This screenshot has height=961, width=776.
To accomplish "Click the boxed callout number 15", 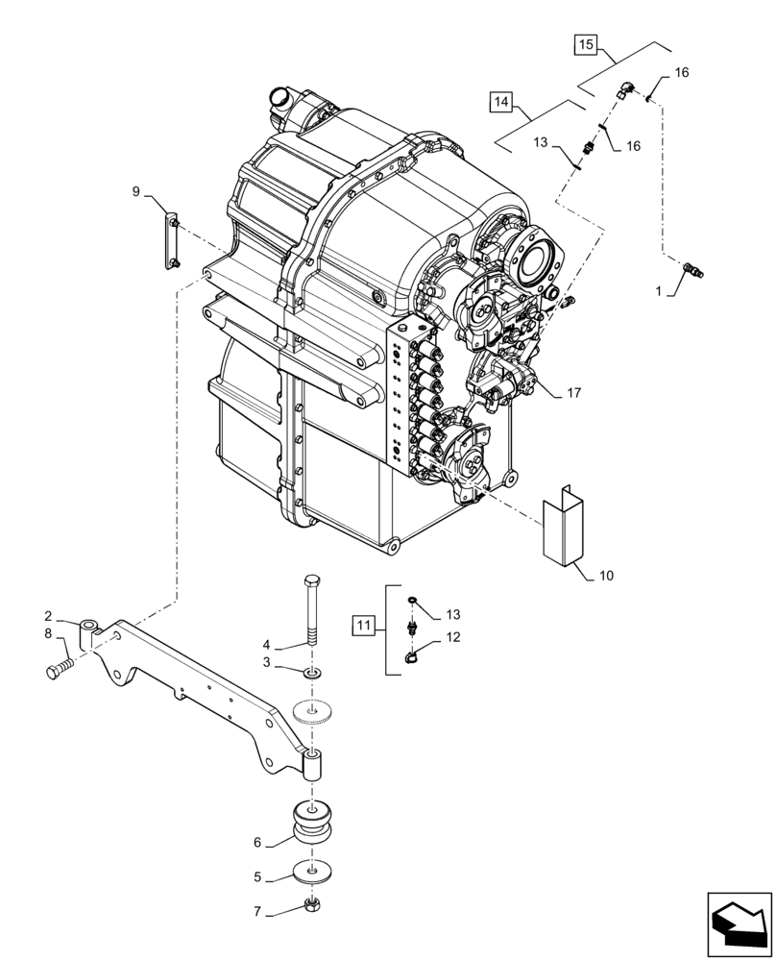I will click(x=587, y=44).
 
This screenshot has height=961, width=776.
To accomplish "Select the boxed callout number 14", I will click(x=500, y=101).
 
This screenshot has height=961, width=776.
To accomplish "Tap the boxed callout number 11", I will click(x=362, y=627).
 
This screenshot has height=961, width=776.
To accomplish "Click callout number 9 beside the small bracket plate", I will click(x=136, y=192).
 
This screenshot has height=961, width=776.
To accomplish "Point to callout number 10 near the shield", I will click(x=605, y=576).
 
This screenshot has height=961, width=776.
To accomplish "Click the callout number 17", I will click(x=573, y=392).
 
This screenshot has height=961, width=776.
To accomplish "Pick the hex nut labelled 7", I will click(x=313, y=904).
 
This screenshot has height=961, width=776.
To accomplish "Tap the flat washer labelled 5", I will click(x=313, y=870).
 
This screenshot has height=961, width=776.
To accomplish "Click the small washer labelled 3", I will click(x=313, y=672).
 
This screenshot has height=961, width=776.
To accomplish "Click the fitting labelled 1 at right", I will click(x=691, y=271).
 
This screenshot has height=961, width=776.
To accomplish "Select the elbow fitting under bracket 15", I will click(x=624, y=88).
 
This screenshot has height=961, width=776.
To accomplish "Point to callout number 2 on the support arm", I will click(x=47, y=616).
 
